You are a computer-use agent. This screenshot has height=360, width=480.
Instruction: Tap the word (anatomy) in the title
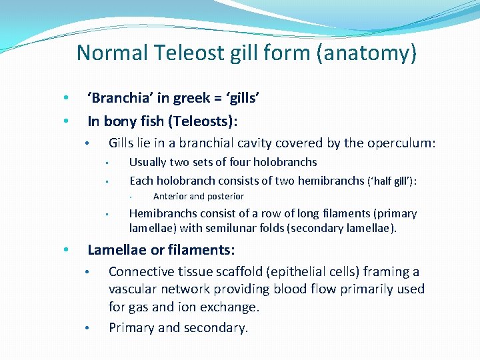click(x=368, y=52)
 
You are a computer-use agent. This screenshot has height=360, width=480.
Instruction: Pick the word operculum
click(x=403, y=143)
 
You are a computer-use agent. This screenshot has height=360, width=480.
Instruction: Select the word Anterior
click(x=170, y=197)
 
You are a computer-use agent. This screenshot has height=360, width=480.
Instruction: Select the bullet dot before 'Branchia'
click(x=65, y=99)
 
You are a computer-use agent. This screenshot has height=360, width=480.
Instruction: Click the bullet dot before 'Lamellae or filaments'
click(x=65, y=251)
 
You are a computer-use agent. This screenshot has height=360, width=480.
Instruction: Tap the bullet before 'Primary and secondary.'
click(x=87, y=328)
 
